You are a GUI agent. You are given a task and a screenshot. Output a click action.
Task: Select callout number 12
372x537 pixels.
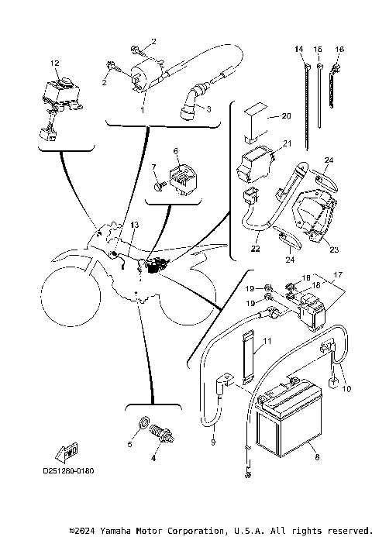[54, 62]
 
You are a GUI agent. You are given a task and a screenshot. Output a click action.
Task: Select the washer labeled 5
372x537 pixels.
[143, 425]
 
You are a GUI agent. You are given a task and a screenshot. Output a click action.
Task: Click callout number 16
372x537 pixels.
[339, 49]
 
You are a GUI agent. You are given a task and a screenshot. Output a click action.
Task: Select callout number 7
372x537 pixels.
[153, 167]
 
